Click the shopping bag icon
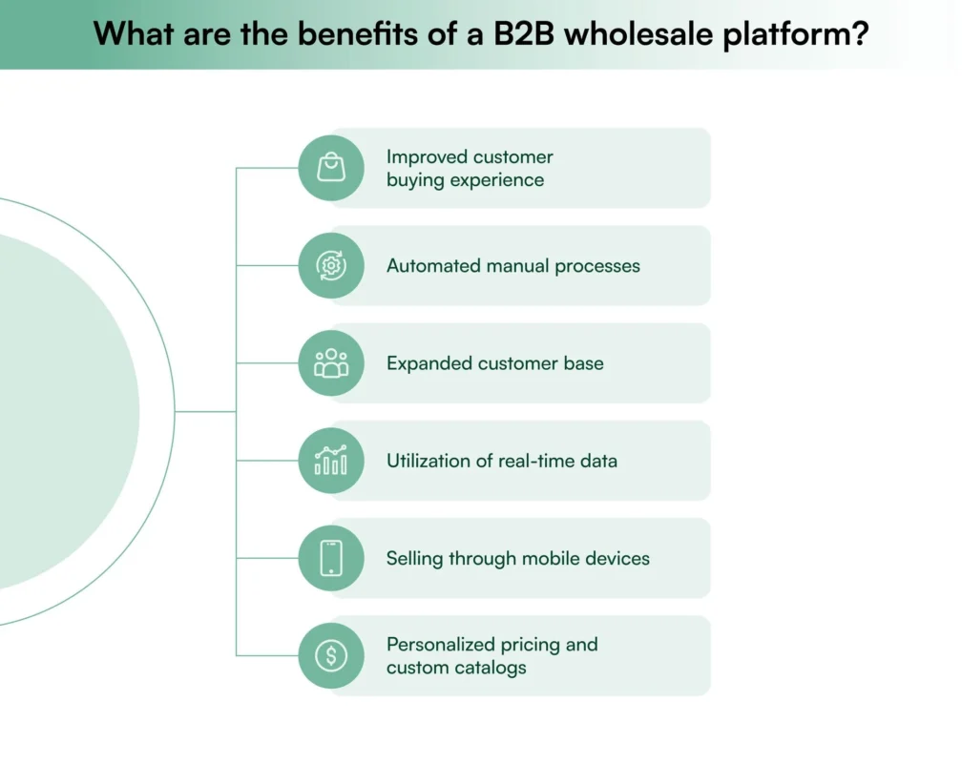(x=331, y=168)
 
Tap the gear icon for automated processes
(x=331, y=266)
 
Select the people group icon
(x=331, y=363)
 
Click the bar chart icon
(x=331, y=461)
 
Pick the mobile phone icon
(x=331, y=558)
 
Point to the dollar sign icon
(x=331, y=655)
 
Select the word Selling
(x=415, y=558)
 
